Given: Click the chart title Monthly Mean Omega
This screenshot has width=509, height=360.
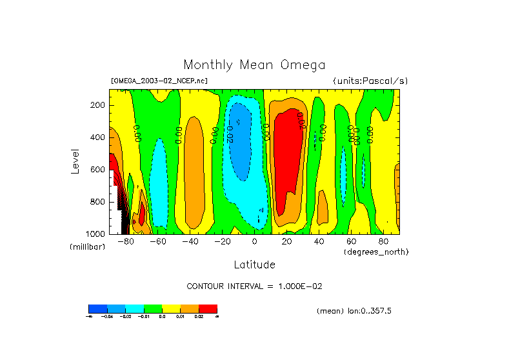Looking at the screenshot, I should point(254,65).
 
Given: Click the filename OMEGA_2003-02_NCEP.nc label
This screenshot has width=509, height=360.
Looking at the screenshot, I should point(159,81).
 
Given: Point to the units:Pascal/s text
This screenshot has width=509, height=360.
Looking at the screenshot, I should point(370,81).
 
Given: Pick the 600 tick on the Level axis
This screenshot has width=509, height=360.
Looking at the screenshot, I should point(98,170).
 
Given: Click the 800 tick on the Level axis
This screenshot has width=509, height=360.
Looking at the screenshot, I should point(98,201).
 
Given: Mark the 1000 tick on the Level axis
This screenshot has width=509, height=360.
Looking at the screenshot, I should point(96,234).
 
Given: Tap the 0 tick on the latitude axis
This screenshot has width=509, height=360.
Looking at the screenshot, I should point(255,242).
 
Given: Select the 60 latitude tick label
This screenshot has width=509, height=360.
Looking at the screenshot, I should point(352,242).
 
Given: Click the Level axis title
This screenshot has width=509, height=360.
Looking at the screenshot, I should point(75,161).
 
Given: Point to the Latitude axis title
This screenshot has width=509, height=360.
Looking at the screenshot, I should point(254,265).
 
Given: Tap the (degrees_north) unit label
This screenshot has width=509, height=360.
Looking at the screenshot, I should point(376,252).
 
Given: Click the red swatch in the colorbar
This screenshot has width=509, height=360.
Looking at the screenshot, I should point(208,308).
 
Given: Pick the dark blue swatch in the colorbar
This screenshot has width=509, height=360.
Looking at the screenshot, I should point(97,308).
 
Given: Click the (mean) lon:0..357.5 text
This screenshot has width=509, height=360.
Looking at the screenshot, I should point(354,311).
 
